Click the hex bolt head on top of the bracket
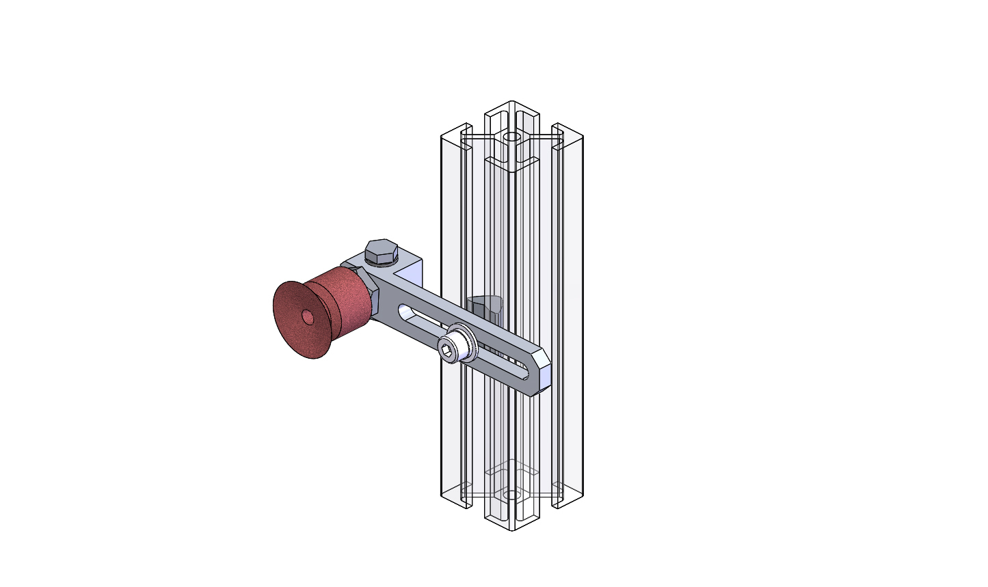381,250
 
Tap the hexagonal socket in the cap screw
446,351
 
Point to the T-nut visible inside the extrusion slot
487,305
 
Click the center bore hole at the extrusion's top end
511,137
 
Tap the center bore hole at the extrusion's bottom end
511,494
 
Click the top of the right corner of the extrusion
568,130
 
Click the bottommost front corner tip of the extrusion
511,530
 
